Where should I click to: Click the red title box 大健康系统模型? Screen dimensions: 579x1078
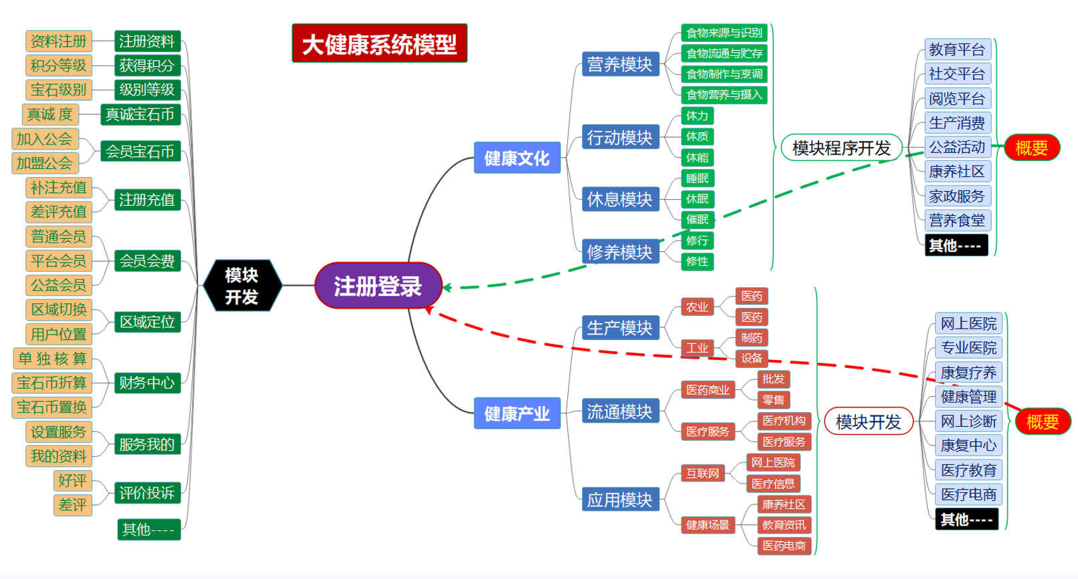coord(379,43)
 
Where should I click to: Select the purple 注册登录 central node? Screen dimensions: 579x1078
coord(378,286)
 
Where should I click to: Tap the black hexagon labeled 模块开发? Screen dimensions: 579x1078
coord(242,286)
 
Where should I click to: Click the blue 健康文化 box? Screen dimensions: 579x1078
coord(517,158)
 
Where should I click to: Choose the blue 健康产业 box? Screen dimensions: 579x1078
coord(517,413)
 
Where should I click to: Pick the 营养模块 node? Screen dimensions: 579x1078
coord(619,64)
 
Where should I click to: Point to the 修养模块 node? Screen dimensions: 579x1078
coord(619,252)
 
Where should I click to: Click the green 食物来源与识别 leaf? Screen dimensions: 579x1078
coord(724,33)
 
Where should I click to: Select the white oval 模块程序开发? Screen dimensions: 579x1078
coord(841,148)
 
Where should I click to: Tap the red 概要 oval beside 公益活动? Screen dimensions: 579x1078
coord(1031,148)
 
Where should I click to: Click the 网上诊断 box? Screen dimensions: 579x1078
coord(968,421)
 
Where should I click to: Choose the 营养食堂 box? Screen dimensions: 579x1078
coord(957,220)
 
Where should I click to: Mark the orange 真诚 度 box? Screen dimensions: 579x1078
coord(50,114)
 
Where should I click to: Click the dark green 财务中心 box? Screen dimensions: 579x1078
coord(147,383)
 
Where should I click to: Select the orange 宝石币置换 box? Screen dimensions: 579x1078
coord(52,407)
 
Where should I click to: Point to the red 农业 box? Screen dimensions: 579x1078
coord(697,307)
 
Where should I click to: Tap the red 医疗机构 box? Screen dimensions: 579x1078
coord(784,421)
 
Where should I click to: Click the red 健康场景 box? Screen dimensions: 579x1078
coord(708,525)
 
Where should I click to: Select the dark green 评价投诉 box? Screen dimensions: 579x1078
coord(147,493)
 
